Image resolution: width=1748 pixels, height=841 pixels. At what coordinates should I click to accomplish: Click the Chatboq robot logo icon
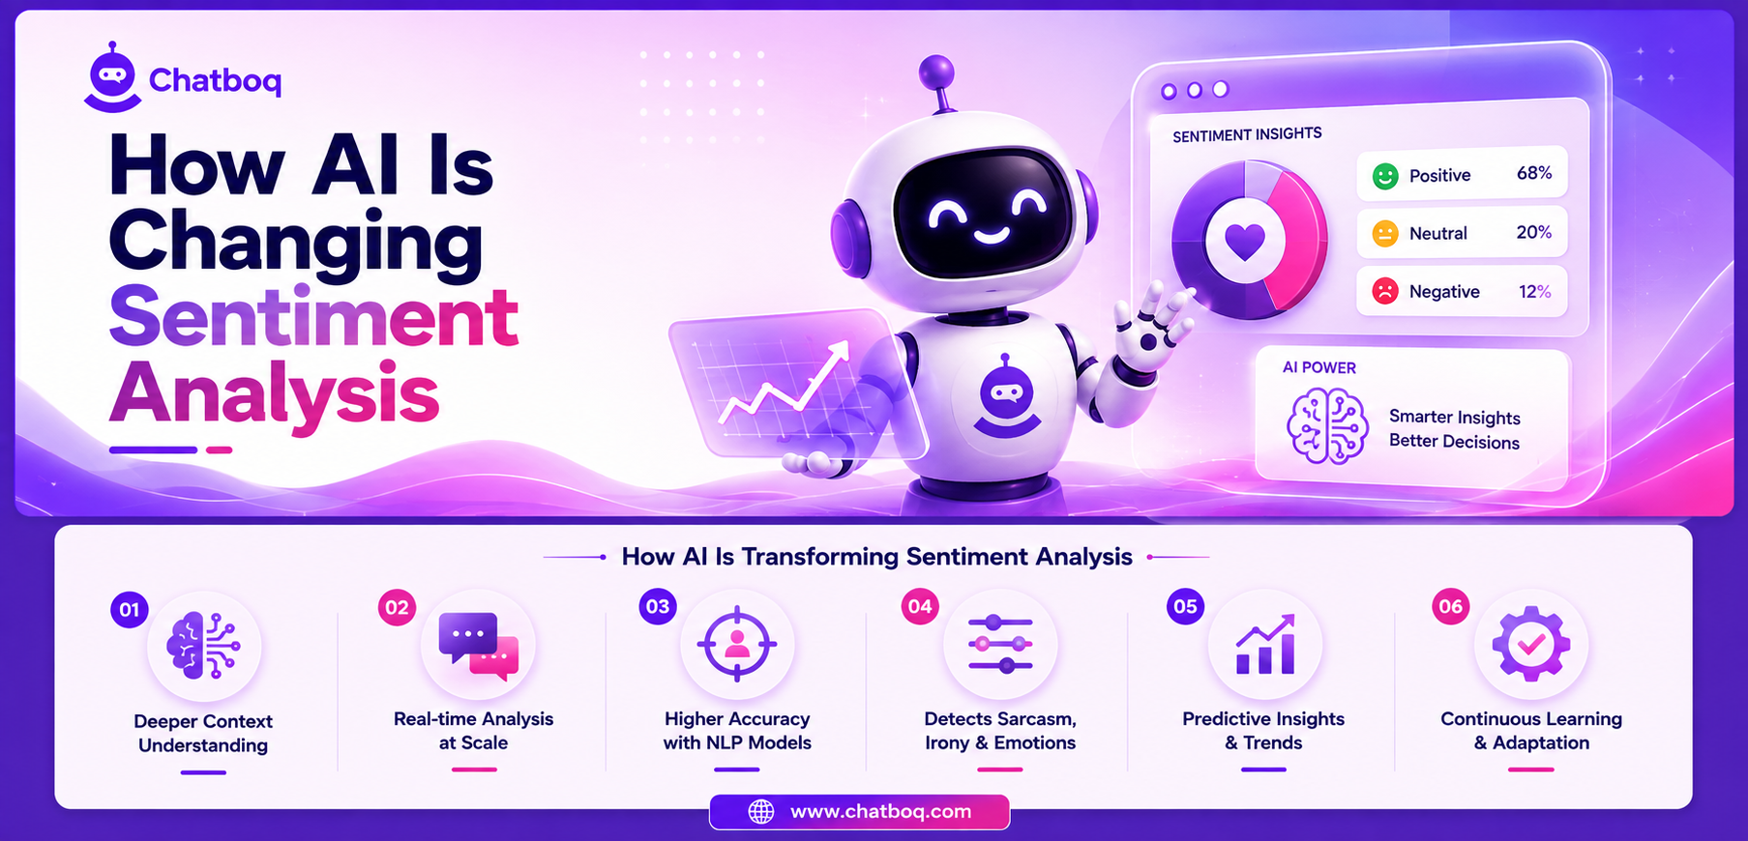pos(113,77)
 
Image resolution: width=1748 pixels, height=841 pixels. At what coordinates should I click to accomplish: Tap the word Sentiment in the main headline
pos(313,316)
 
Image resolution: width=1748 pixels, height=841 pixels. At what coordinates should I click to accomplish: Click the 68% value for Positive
pos(1534,173)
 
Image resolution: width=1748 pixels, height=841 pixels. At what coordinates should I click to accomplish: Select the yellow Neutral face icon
pos(1385,233)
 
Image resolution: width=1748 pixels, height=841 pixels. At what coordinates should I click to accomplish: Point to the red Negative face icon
pos(1385,291)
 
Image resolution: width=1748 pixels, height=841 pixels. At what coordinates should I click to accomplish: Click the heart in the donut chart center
pos(1244,241)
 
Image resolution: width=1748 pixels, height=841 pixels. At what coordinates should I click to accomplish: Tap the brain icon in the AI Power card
pos(1327,426)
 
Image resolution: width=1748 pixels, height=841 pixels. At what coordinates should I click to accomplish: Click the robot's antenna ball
pos(935,72)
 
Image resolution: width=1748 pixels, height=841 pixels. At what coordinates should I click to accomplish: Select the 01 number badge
pos(130,610)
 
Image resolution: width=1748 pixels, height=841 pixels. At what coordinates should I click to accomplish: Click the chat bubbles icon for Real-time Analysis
pos(478,646)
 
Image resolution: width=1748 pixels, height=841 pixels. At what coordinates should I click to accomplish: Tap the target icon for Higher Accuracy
pos(737,644)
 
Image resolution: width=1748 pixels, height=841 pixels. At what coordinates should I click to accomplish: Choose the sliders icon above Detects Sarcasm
pos(1000,644)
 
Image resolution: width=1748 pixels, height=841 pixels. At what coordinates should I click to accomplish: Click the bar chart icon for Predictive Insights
pos(1265,645)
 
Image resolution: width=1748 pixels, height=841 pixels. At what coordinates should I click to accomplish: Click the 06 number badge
pos(1451,607)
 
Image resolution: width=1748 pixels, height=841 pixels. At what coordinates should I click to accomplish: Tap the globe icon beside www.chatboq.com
pos(761,812)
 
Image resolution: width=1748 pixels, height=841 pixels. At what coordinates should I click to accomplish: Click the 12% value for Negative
pos(1534,291)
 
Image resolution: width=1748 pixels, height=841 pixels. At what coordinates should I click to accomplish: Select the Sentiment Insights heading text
pos(1247,134)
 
